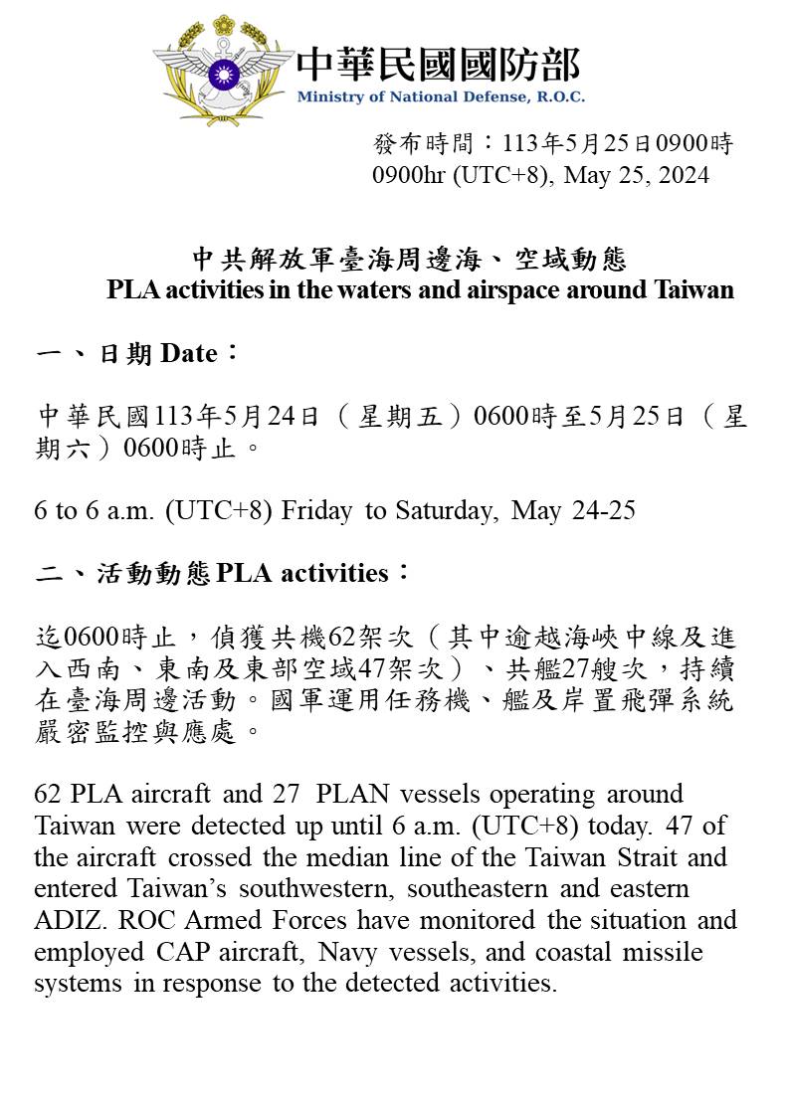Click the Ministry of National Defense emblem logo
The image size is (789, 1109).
(223, 69)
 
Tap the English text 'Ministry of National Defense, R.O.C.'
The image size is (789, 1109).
(441, 97)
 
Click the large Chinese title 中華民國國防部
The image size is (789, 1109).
(438, 64)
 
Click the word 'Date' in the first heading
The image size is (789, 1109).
(188, 353)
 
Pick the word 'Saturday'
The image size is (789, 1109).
(444, 511)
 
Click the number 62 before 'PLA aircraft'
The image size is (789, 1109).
(48, 795)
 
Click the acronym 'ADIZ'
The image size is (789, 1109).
(61, 920)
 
